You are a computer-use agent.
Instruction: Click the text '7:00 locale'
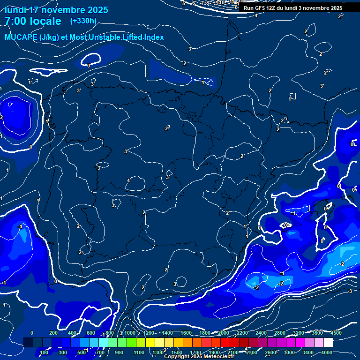tap(33, 21)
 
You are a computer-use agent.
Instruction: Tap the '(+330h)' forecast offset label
tap(83, 21)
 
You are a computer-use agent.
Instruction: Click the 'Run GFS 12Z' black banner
tap(292, 8)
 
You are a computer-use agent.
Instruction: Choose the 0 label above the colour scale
tap(32, 333)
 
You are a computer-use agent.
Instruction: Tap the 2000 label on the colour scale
tap(224, 333)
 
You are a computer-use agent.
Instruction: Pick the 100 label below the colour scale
tap(44, 352)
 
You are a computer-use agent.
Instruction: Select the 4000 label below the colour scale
tap(327, 352)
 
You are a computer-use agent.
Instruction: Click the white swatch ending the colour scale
tap(328, 343)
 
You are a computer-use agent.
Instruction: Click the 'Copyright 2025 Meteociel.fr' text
tap(199, 357)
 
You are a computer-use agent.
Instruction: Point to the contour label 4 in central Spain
tap(128, 180)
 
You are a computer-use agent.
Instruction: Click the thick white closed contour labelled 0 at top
tap(90, 59)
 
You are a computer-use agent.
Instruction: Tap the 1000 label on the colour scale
tap(130, 333)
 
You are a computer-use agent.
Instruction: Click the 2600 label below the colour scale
tap(270, 352)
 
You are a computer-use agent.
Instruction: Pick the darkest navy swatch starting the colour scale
tap(28, 343)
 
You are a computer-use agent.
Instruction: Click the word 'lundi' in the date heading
tap(16, 10)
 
